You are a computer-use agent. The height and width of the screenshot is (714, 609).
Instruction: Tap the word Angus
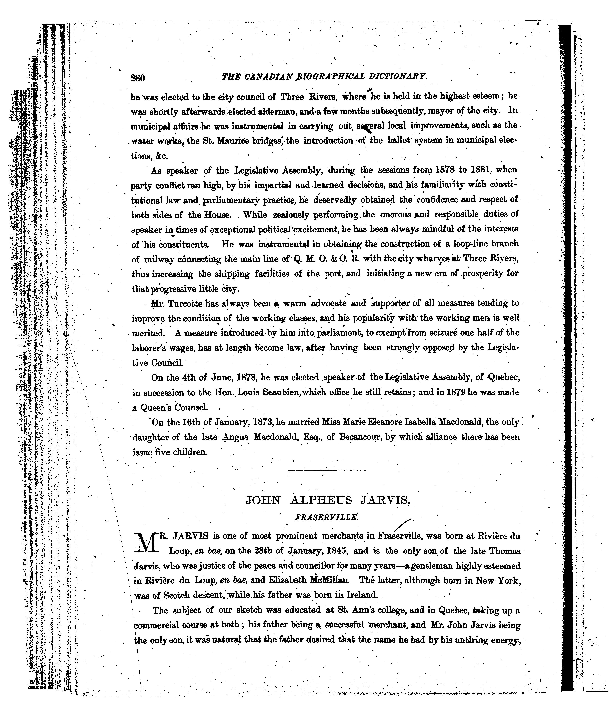tap(235, 437)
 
